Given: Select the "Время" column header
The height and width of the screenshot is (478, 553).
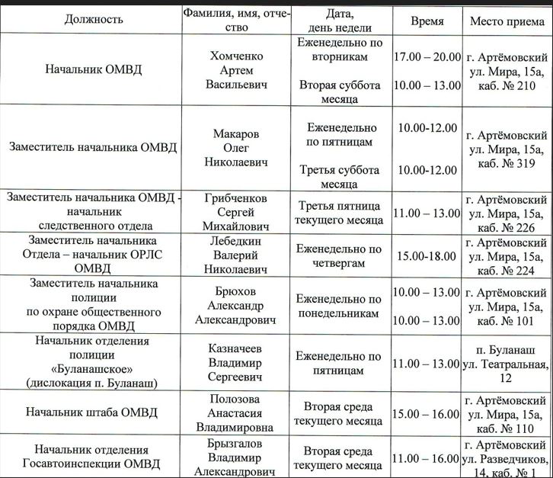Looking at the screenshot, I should (427, 21).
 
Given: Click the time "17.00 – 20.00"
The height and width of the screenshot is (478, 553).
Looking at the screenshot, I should (427, 56).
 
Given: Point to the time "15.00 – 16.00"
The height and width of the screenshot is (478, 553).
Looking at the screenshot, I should (427, 413).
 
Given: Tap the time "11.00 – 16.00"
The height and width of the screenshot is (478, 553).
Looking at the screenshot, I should (427, 459).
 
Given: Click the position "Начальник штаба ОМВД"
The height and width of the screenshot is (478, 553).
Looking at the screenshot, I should (91, 412).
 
